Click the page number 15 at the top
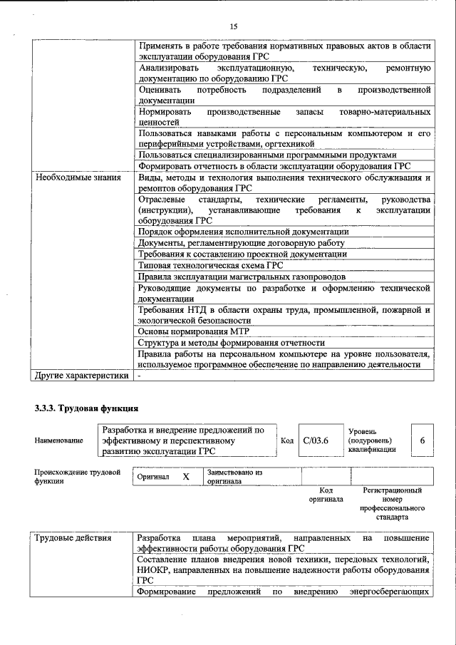233,26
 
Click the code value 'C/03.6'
316,441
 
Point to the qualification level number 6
422,441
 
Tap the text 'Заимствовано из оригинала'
234,476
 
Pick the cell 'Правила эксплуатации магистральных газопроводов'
242,277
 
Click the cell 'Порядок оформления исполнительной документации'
243,232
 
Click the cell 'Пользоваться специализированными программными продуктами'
266,155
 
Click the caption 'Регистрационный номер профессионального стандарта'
392,504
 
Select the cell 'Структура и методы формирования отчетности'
232,343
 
